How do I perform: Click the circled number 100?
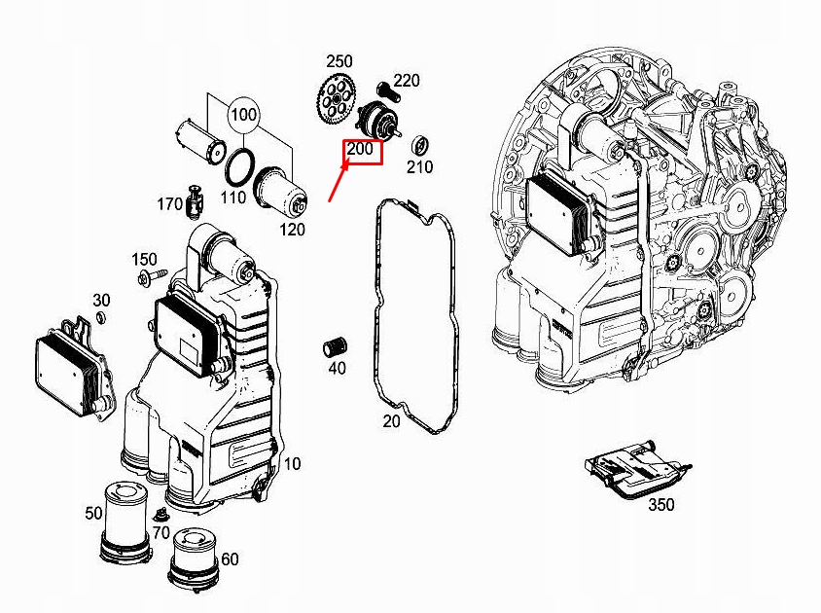pyautogui.click(x=243, y=115)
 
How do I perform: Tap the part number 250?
pyautogui.click(x=340, y=62)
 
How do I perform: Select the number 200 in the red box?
pyautogui.click(x=361, y=150)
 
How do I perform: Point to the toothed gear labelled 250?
pyautogui.click(x=336, y=98)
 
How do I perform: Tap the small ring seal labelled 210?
pyautogui.click(x=421, y=146)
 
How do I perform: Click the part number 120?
pyautogui.click(x=293, y=230)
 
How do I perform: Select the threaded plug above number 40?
pyautogui.click(x=337, y=345)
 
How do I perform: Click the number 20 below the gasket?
pyautogui.click(x=391, y=421)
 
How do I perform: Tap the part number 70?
pyautogui.click(x=160, y=532)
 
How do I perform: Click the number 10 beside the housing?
pyautogui.click(x=292, y=464)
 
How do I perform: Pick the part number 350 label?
pyautogui.click(x=660, y=504)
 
